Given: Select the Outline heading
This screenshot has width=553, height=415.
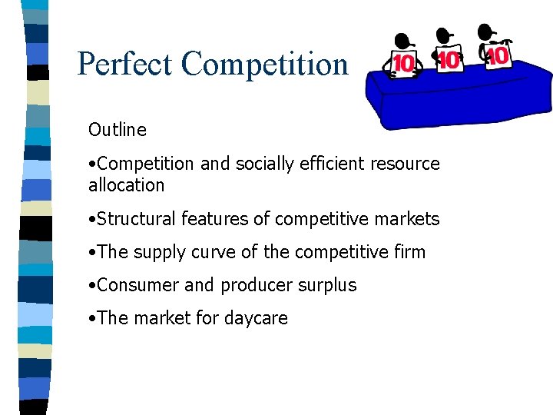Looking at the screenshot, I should tap(117, 130).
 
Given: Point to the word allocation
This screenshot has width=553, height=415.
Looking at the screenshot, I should tap(126, 185).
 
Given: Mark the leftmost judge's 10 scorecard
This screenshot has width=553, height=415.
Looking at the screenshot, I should tap(404, 64).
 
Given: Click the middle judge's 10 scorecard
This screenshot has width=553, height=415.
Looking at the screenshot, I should tap(449, 60).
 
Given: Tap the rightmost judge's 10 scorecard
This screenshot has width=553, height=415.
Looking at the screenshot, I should tap(498, 56).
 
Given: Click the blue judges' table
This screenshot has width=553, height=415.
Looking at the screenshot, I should tap(461, 100).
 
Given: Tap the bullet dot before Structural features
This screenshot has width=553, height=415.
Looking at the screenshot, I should tap(92, 220).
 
